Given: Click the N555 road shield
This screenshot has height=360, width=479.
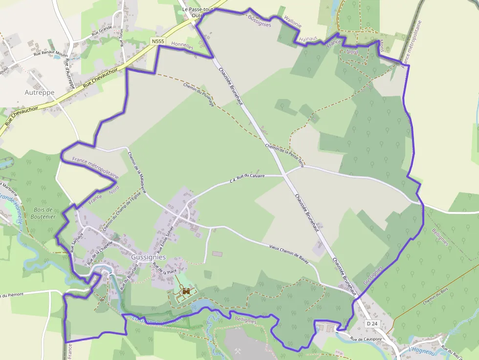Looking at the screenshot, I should pyautogui.click(x=158, y=42).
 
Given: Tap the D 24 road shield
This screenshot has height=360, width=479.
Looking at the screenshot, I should pyautogui.click(x=372, y=323).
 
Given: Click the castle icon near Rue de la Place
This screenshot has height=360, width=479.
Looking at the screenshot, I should pyautogui.click(x=186, y=292).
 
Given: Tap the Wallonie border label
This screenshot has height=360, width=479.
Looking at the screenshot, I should pyautogui.click(x=293, y=22).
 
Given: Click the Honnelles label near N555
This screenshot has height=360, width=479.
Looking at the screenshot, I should pyautogui.click(x=183, y=46).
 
